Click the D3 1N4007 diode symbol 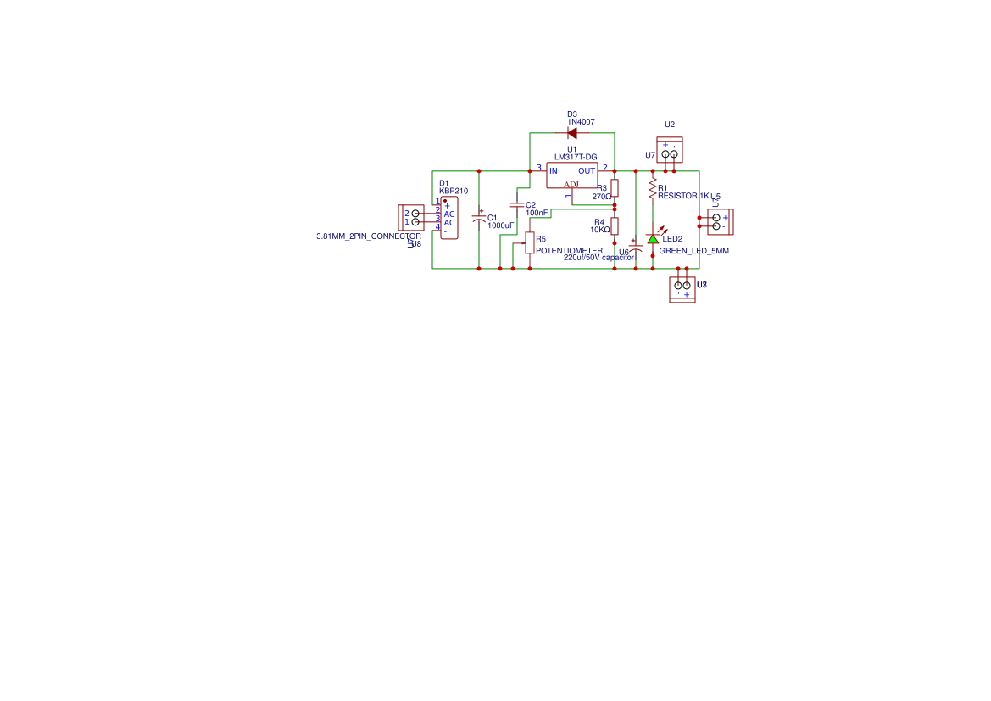pos(572,133)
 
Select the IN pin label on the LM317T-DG pos(554,171)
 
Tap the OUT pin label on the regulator pos(587,171)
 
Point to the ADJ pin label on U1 pos(571,185)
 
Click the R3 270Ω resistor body pos(615,188)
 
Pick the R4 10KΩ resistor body pos(615,225)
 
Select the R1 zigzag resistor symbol pos(653,188)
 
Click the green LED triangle pos(653,239)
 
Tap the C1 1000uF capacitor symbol pos(479,219)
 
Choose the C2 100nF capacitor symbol pos(517,205)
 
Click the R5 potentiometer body pos(530,243)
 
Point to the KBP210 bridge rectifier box pos(448,218)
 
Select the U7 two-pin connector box pos(670,151)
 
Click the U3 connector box pos(682,289)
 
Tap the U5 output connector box pos(720,222)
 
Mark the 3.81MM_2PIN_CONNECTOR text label pos(368,236)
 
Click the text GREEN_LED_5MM pos(693,251)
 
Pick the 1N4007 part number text pos(581,122)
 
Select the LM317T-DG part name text pos(576,157)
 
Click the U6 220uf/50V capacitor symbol pos(636,246)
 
